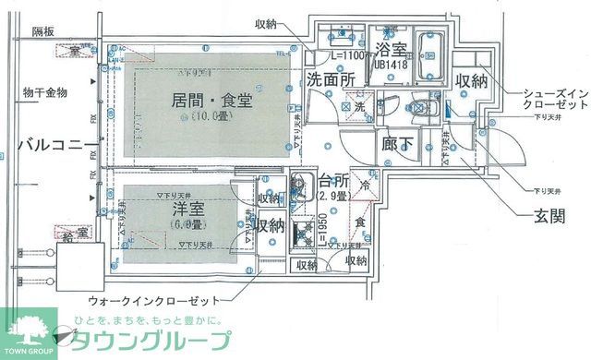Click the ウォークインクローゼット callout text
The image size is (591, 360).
click(152, 301)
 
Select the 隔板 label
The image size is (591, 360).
click(42, 31)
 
